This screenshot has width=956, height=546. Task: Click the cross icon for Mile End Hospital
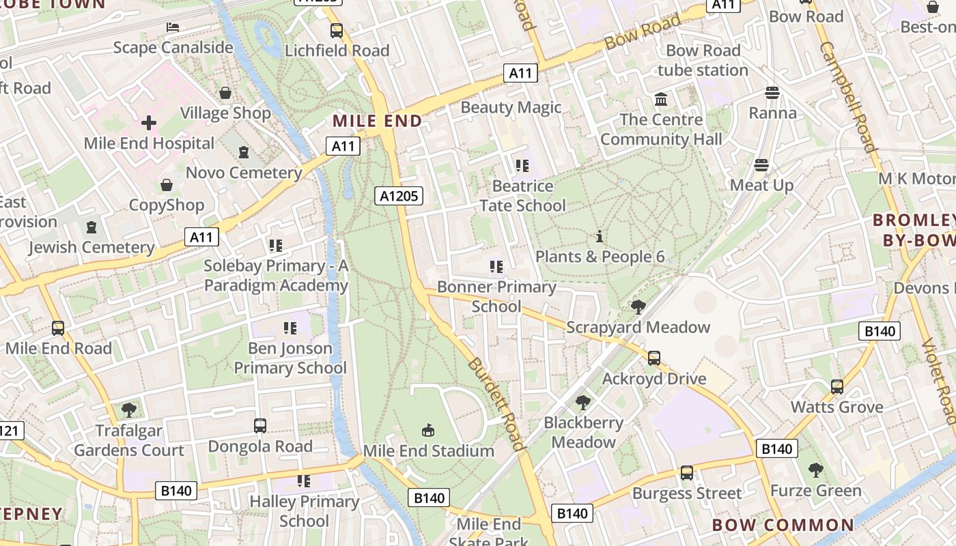(149, 123)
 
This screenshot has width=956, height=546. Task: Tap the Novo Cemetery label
(244, 173)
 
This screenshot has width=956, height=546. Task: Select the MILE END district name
(377, 121)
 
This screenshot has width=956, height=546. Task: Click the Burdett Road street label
(496, 403)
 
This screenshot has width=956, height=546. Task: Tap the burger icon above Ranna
(772, 92)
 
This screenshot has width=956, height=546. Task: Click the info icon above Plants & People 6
(600, 237)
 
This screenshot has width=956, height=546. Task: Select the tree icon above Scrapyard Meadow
(638, 307)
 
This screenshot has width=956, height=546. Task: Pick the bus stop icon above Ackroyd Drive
(653, 358)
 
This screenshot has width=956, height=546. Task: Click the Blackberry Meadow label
(583, 433)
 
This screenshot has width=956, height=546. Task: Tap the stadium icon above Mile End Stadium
(428, 430)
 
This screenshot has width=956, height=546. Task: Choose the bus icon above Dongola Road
(259, 426)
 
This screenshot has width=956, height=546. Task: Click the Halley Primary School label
(305, 511)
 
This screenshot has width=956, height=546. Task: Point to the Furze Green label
(815, 491)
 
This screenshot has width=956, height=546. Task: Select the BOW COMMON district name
(783, 525)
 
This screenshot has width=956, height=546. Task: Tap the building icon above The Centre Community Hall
(660, 100)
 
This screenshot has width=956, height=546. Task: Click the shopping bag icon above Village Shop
(225, 93)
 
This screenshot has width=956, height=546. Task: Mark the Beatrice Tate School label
(522, 196)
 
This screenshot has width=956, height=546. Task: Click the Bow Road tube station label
(703, 60)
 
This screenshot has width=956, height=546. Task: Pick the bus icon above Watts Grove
(836, 387)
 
